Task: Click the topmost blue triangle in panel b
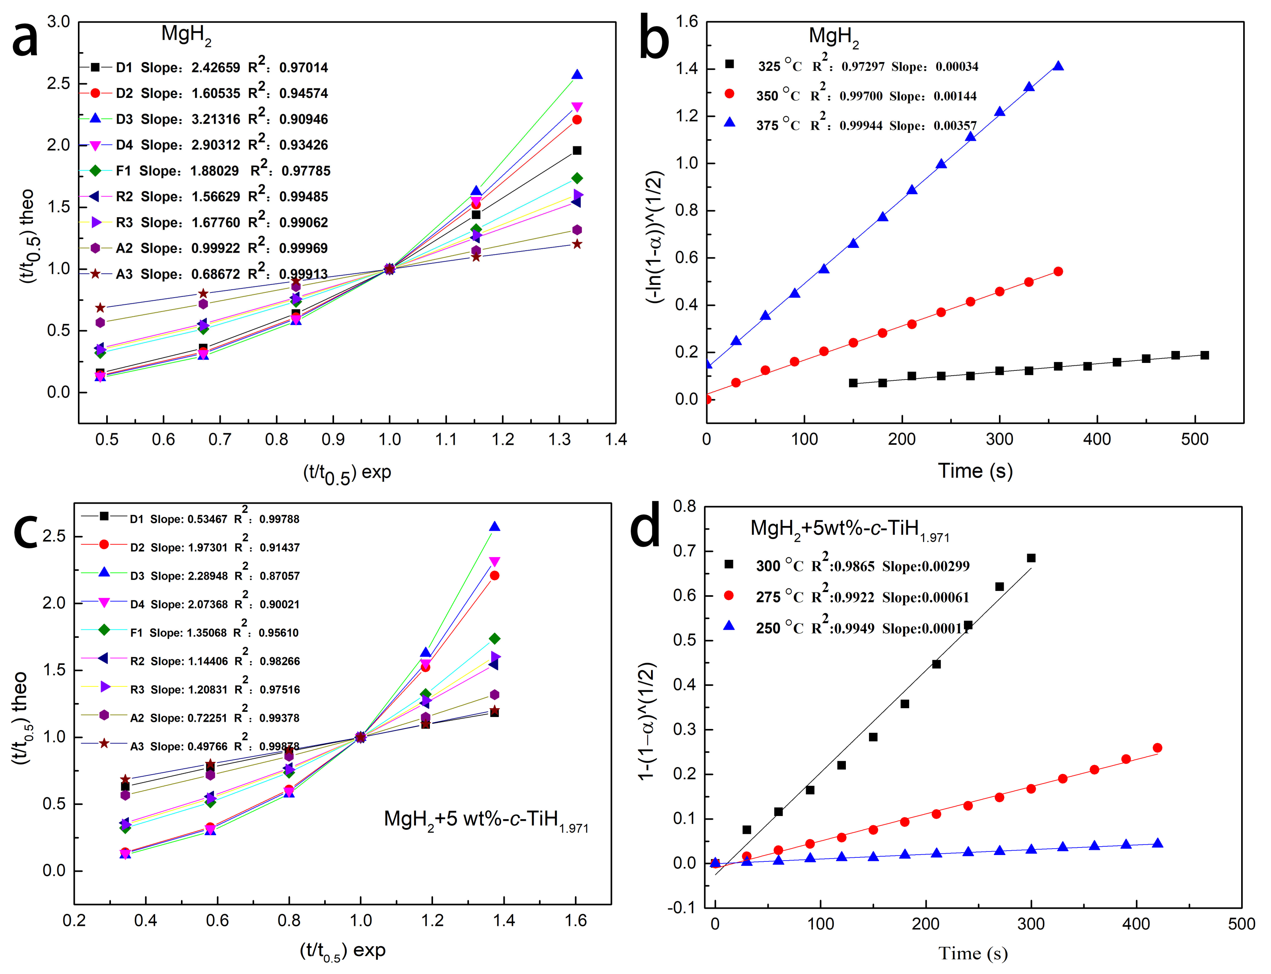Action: click(1058, 66)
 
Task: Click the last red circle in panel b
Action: click(1058, 271)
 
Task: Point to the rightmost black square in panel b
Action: click(1204, 355)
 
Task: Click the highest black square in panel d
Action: click(1031, 558)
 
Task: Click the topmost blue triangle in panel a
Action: click(577, 75)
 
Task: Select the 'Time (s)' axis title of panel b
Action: click(975, 471)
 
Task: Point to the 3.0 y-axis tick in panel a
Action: click(58, 22)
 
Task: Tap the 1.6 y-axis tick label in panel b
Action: click(687, 22)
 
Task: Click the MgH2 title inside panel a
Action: click(185, 35)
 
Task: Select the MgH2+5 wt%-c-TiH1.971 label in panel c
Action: click(486, 820)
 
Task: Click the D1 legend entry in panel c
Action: click(214, 519)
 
